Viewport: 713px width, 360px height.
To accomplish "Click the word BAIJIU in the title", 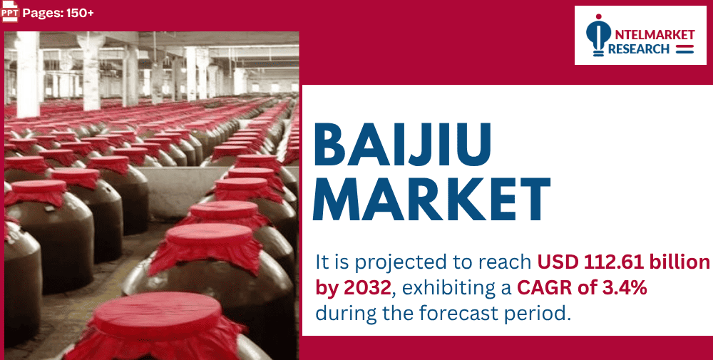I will (x=402, y=145).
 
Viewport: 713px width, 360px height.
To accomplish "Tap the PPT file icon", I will (x=10, y=12).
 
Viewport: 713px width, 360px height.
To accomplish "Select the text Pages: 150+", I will (x=58, y=13).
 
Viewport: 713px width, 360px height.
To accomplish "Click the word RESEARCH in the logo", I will (x=639, y=49).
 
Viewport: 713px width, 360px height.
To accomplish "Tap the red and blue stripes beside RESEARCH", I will (x=684, y=49).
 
